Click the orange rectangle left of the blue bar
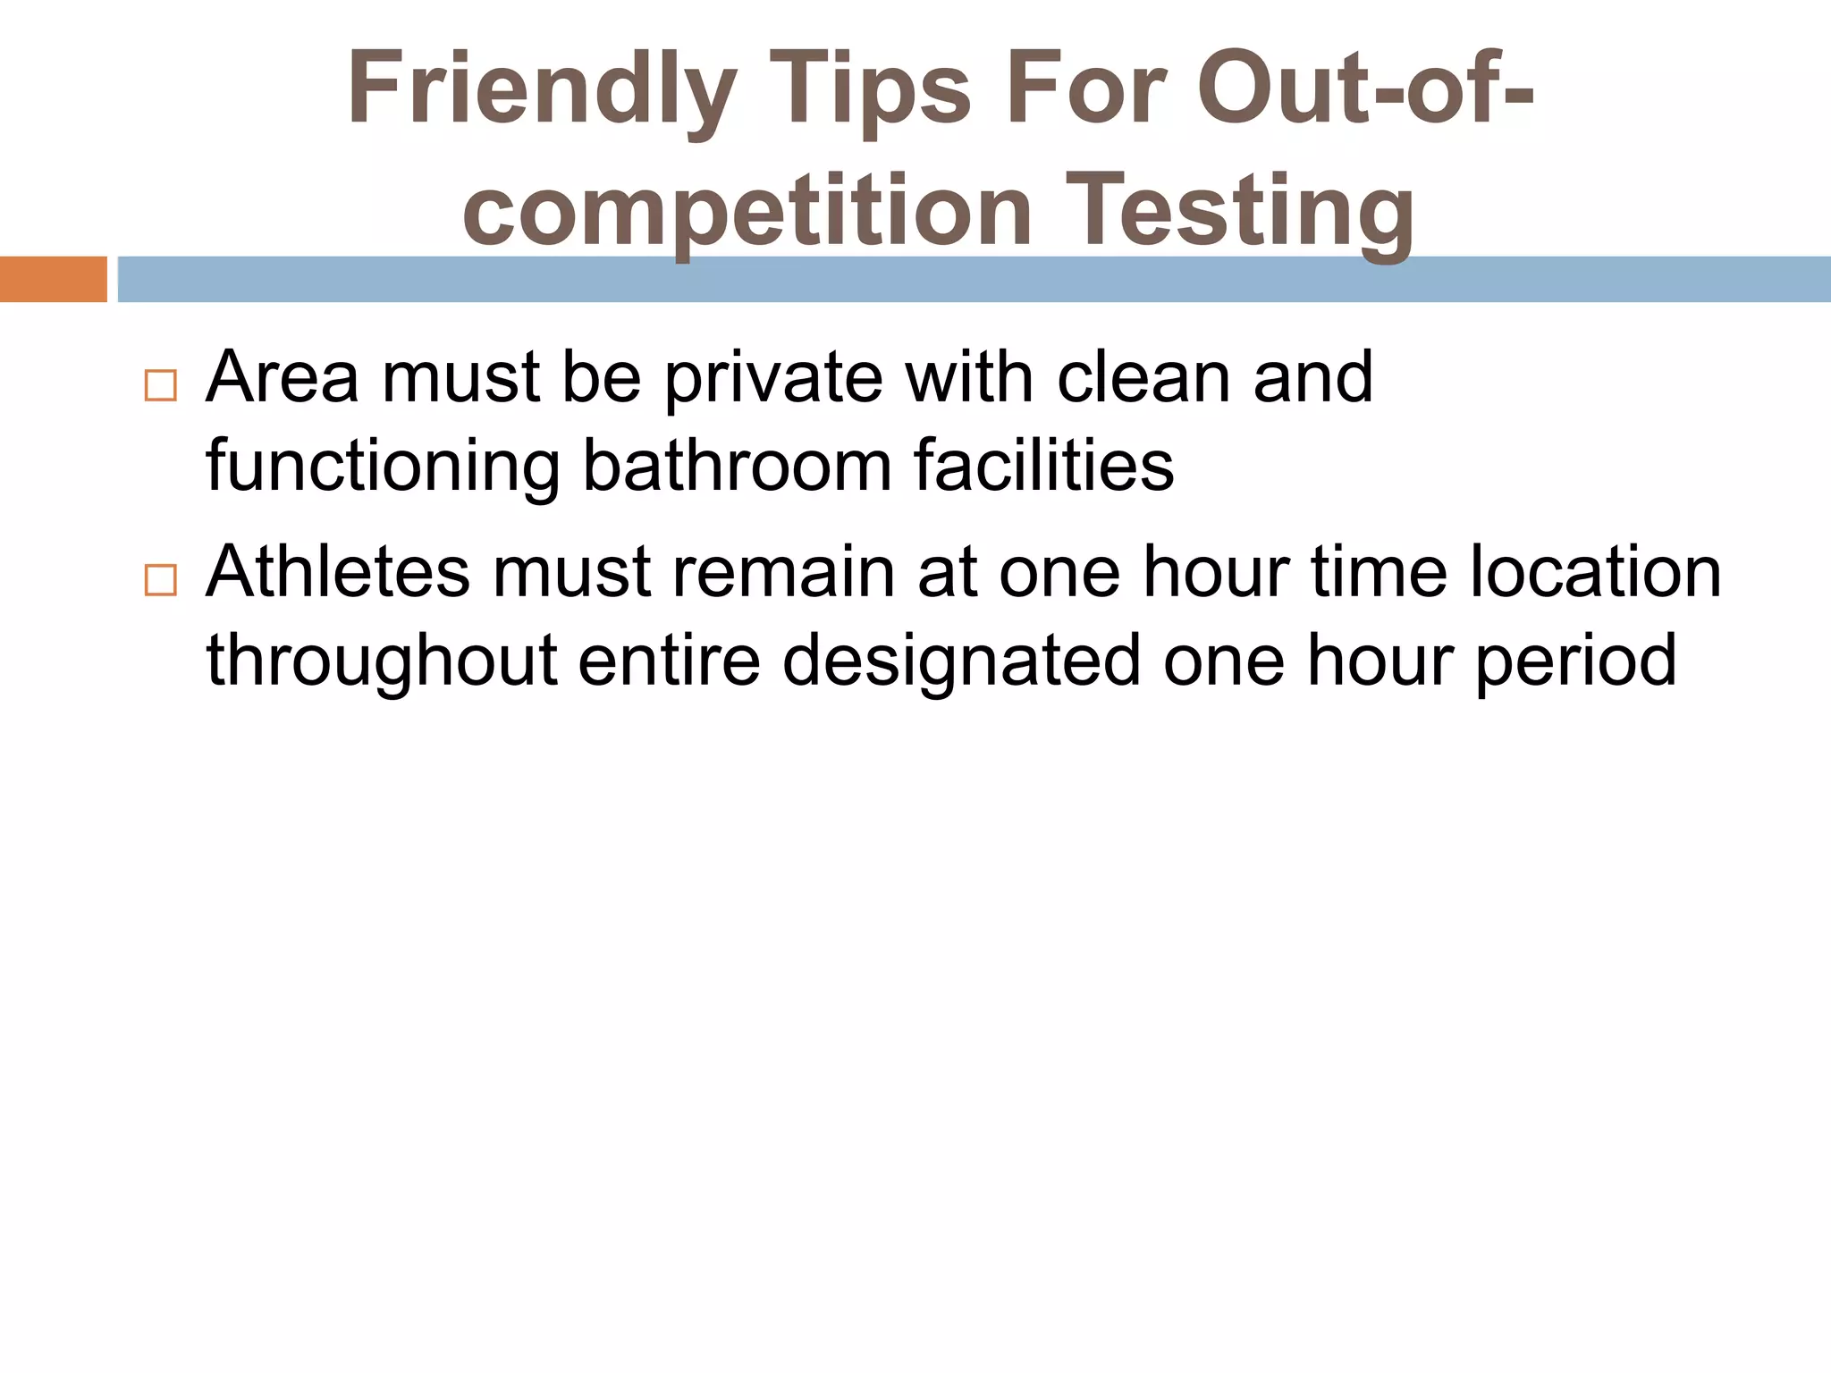point(53,279)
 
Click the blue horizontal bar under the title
point(975,279)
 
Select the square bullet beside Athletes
point(160,580)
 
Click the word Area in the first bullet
point(283,377)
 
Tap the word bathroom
point(738,466)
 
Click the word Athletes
point(337,572)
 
